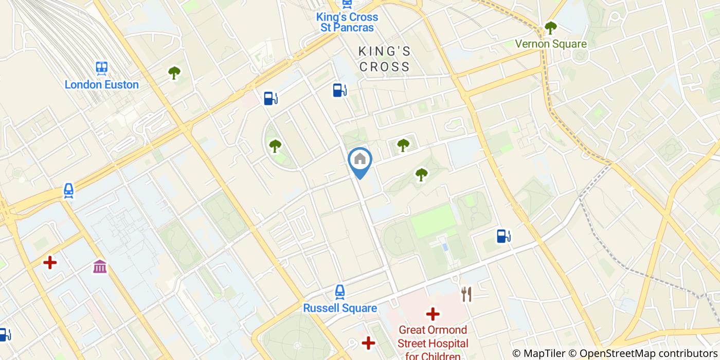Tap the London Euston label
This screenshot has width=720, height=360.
pyautogui.click(x=102, y=85)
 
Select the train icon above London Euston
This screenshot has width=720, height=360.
pyautogui.click(x=102, y=67)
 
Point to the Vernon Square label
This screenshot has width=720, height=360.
pyautogui.click(x=551, y=44)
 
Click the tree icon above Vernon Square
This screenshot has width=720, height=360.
pyautogui.click(x=551, y=28)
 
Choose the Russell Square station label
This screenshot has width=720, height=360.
pyautogui.click(x=340, y=309)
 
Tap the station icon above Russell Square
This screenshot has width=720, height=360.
pyautogui.click(x=340, y=292)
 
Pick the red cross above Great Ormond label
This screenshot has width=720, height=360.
pyautogui.click(x=433, y=313)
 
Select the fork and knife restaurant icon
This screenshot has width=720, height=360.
pyautogui.click(x=466, y=294)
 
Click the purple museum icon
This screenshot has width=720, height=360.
pyautogui.click(x=100, y=266)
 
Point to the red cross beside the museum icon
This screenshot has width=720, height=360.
pyautogui.click(x=50, y=263)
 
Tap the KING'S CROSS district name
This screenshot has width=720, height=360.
pyautogui.click(x=385, y=59)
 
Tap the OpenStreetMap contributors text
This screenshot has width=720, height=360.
pyautogui.click(x=649, y=353)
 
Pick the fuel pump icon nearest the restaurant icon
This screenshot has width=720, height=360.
pyautogui.click(x=503, y=236)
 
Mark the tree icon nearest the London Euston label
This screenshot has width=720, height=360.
pyautogui.click(x=174, y=73)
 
